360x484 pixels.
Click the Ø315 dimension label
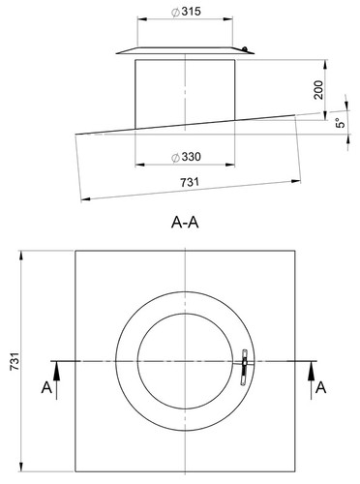tap(186, 12)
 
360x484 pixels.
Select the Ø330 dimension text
tap(186, 157)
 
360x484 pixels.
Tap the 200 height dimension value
tap(318, 90)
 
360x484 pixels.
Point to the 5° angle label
tap(341, 123)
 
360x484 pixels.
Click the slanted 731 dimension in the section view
tap(190, 182)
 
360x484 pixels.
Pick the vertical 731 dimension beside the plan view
tap(15, 361)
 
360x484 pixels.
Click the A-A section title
tap(185, 223)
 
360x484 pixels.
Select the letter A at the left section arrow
tap(46, 387)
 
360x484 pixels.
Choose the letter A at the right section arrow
tap(320, 387)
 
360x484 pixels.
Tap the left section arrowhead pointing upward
tap(56, 369)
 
